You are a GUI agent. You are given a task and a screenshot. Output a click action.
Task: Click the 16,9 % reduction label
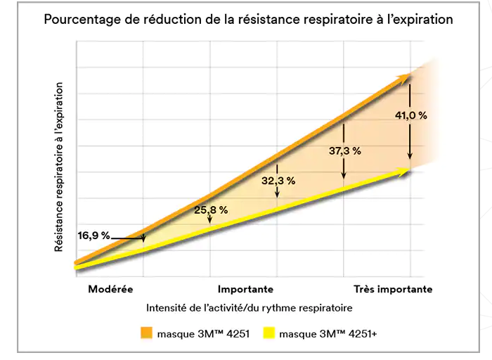pyautogui.click(x=94, y=236)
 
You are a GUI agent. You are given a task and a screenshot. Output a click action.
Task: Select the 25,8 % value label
pyautogui.click(x=211, y=210)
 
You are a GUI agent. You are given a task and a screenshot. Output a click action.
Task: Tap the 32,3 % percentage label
pyautogui.click(x=278, y=181)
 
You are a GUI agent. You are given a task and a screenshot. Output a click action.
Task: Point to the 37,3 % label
pyautogui.click(x=344, y=150)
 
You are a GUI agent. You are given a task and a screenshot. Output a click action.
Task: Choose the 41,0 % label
pyautogui.click(x=412, y=115)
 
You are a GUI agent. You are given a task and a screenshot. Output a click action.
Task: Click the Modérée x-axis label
pyautogui.click(x=110, y=289)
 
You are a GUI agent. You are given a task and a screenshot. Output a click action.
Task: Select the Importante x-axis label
pyautogui.click(x=245, y=289)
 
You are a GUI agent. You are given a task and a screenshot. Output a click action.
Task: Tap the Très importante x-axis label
pyautogui.click(x=392, y=289)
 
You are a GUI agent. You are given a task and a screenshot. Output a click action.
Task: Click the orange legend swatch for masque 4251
pyautogui.click(x=145, y=333)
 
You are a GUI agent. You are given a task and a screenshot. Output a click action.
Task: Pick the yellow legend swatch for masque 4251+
pyautogui.click(x=268, y=333)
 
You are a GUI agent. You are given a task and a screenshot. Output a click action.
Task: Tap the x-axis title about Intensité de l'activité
pyautogui.click(x=250, y=308)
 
